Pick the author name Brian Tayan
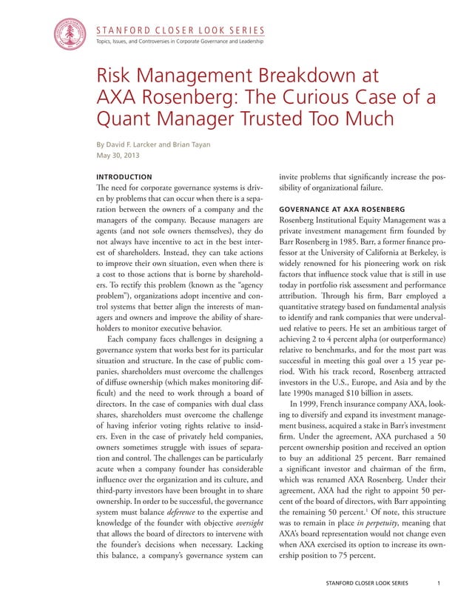[208, 144]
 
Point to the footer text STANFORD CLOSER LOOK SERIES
[366, 582]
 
